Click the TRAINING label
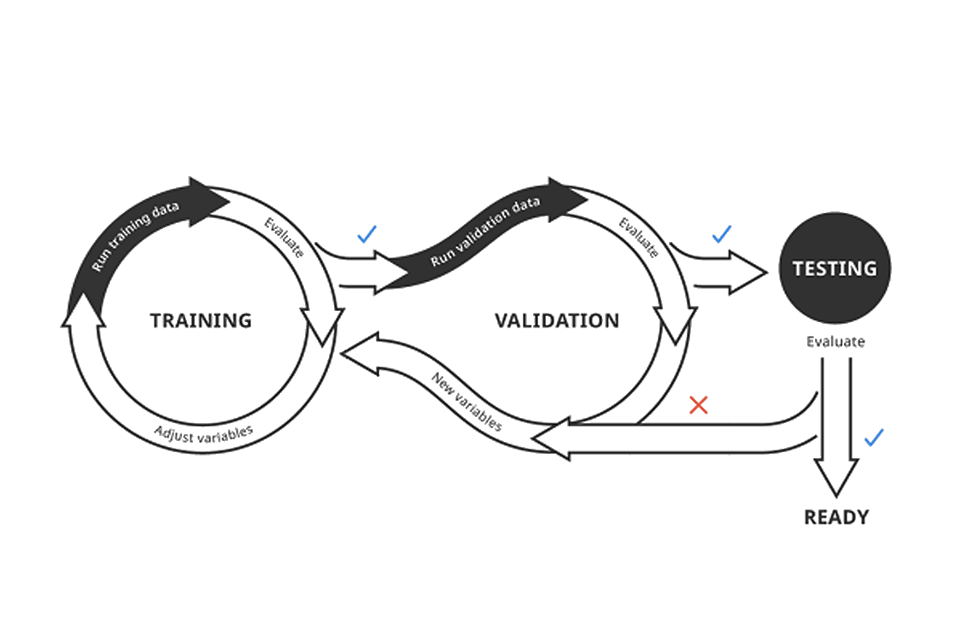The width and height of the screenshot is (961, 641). (201, 320)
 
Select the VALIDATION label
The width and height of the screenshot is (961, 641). (557, 320)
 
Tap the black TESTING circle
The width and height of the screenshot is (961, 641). (834, 268)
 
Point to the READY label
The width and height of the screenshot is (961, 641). (835, 517)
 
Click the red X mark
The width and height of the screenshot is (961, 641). (698, 404)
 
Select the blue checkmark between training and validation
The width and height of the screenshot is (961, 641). (366, 233)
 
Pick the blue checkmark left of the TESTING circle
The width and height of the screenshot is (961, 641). (722, 233)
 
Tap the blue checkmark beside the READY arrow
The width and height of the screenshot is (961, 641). (873, 438)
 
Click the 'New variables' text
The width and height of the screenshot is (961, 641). (466, 400)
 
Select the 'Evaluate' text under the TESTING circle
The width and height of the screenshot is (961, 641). (835, 342)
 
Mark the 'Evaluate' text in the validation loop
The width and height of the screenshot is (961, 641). (638, 237)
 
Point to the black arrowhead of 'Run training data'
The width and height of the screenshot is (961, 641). (208, 201)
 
